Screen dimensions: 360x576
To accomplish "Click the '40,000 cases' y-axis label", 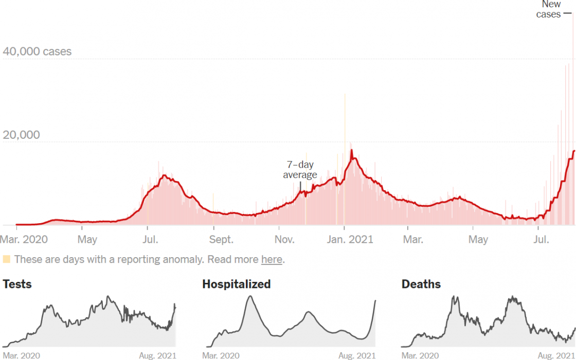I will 37,52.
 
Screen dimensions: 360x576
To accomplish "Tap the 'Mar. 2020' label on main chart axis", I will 24,240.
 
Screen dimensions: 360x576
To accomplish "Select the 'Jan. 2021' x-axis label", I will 351,240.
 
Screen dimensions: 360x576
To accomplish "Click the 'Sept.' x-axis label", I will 221,240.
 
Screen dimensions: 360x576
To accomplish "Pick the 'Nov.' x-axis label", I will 284,240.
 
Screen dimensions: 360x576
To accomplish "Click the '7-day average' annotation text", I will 300,170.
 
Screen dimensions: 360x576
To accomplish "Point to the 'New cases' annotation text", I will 549,10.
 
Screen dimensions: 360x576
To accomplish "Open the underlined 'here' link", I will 272,259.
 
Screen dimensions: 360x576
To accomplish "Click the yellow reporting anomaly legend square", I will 7,259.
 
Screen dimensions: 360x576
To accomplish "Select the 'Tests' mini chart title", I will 17,284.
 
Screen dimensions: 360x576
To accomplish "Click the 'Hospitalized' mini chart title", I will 236,284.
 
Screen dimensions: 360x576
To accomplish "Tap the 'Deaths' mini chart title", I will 421,284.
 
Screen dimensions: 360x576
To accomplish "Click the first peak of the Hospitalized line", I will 250,297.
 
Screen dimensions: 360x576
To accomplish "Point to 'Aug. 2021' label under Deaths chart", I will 556,355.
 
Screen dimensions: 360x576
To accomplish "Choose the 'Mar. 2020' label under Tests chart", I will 22,355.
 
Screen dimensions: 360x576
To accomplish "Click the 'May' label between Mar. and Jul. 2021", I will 478,240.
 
